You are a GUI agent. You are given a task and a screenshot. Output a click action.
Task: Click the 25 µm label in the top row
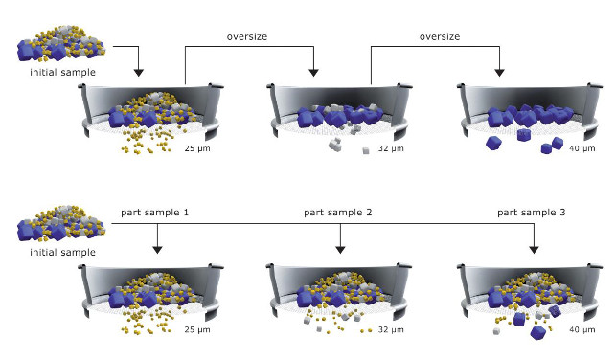click(197, 148)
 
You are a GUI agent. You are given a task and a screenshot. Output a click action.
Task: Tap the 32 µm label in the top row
click(391, 148)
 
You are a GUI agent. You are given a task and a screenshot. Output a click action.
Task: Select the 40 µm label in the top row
click(582, 148)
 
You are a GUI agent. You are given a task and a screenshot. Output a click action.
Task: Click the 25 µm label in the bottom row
click(197, 329)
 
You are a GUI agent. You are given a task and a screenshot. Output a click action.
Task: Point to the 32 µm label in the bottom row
click(391, 329)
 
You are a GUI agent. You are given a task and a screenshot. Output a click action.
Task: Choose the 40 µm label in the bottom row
click(582, 329)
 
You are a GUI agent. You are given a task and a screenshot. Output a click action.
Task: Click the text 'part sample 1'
click(155, 213)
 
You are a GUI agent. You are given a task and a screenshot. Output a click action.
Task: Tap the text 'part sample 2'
click(338, 213)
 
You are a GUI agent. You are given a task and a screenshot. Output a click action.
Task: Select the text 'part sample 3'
click(532, 213)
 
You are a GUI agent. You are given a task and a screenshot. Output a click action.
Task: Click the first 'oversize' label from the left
click(247, 37)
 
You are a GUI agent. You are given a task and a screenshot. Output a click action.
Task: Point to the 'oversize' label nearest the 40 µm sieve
click(440, 37)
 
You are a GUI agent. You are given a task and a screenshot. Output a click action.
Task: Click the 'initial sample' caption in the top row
click(63, 73)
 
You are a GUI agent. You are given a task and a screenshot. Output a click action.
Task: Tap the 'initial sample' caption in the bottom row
click(63, 253)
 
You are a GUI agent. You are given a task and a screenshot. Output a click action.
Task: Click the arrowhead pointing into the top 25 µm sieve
click(139, 73)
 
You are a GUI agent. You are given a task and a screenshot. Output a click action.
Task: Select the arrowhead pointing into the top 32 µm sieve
click(313, 73)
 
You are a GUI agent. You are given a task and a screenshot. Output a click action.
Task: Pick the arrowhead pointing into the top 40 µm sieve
click(500, 73)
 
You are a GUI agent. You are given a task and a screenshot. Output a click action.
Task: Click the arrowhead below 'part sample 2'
click(340, 250)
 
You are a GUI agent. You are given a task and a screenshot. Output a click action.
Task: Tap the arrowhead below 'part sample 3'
click(534, 250)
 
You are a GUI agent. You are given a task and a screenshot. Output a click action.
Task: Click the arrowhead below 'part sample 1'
click(157, 250)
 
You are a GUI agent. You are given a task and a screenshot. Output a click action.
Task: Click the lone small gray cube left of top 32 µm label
click(366, 150)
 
